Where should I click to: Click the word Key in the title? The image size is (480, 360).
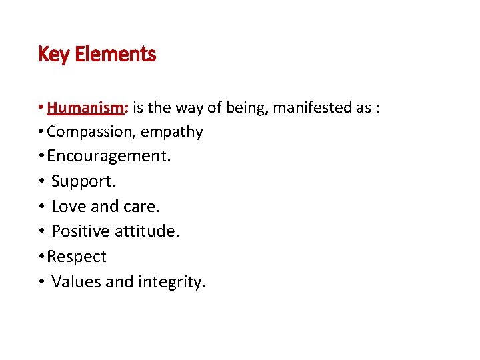click(54, 54)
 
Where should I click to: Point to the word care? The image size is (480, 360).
click(143, 207)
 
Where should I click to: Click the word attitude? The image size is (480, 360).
click(149, 231)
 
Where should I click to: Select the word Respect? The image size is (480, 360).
click(77, 257)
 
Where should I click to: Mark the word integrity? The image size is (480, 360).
click(171, 283)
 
